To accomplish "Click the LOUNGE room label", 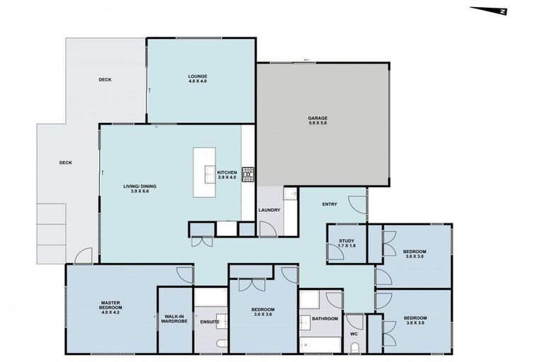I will [197, 76].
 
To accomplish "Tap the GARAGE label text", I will [317, 117].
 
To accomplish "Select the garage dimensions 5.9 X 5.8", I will [317, 124].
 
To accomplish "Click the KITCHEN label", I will [227, 173].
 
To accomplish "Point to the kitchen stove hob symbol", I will [249, 173].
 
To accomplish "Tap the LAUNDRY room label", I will [269, 210].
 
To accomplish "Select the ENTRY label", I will [329, 205].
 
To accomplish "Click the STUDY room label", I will [346, 242].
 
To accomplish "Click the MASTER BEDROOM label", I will [110, 305].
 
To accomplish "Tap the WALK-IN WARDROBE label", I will [174, 320].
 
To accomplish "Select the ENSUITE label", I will [210, 322].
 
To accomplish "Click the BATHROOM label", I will [324, 319].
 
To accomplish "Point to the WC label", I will [354, 334].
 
